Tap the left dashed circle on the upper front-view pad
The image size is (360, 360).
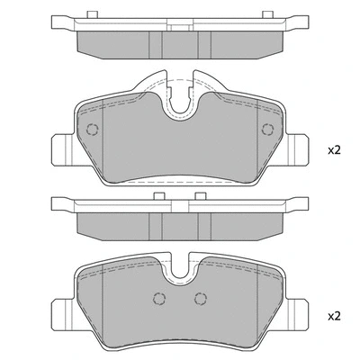coord(91,129)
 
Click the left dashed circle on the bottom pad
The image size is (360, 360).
coord(159,300)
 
